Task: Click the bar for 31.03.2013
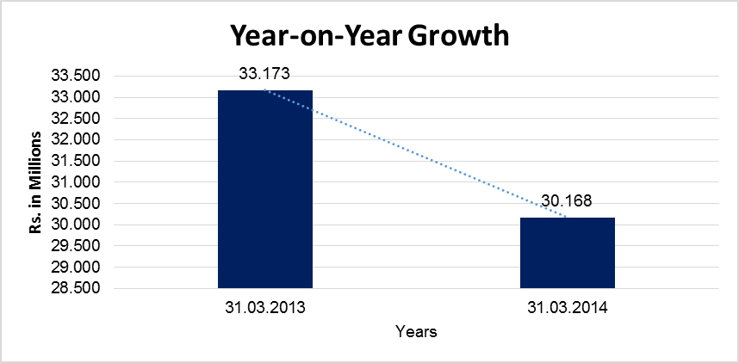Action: click(x=264, y=188)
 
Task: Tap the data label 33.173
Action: click(x=264, y=75)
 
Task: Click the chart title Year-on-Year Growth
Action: click(x=369, y=35)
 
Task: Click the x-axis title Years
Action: click(x=416, y=330)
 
